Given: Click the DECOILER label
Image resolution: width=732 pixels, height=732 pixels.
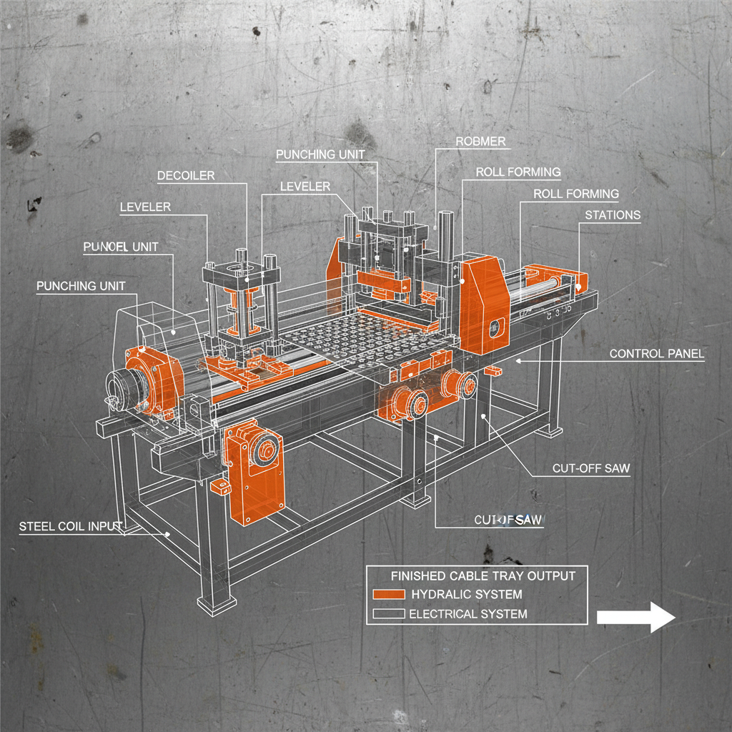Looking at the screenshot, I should click(185, 175).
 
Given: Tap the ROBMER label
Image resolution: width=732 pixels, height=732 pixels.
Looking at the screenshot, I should click(480, 142).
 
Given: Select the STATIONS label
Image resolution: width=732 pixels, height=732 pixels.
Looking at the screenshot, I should click(613, 214).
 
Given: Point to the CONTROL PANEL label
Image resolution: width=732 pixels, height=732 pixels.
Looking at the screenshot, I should click(656, 353).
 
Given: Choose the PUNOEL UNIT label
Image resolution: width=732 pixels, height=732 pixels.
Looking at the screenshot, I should click(121, 247).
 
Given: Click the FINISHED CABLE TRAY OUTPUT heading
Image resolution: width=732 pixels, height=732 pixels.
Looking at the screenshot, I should click(483, 575).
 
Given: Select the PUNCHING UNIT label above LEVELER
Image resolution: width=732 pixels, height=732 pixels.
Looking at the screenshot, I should click(320, 154).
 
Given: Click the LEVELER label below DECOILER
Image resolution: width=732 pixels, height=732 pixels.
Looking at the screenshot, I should click(145, 207).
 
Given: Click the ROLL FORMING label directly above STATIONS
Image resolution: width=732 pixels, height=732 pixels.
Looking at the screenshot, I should click(576, 194).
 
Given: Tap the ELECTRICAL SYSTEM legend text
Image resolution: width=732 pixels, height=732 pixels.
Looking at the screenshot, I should click(468, 613).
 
